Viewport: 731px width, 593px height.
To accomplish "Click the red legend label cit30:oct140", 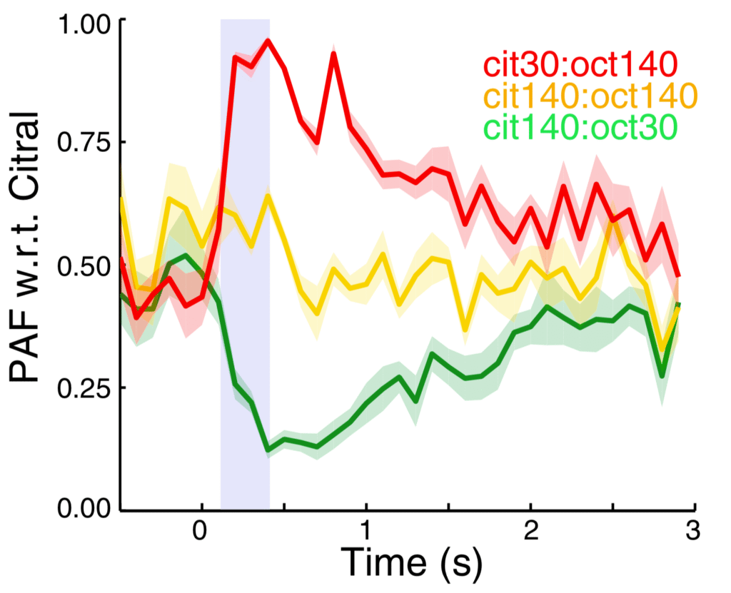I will (578, 65).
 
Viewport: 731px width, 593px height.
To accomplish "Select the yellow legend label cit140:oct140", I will (589, 96).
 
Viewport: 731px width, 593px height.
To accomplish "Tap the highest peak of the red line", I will (268, 41).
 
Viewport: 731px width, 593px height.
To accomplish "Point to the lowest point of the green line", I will (268, 450).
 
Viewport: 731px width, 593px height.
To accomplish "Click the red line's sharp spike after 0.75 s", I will (333, 54).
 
